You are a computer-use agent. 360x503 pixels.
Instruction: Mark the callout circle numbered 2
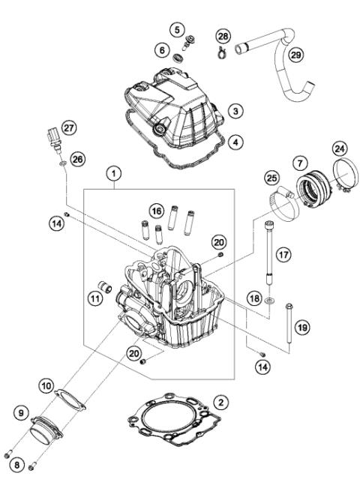tap(220, 403)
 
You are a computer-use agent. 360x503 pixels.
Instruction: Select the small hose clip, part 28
tap(220, 52)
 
